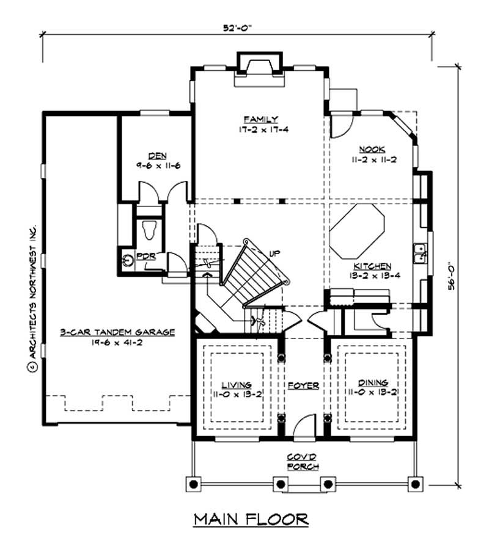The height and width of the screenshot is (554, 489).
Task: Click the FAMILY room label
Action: [x=260, y=119]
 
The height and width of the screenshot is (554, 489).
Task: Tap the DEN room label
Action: [x=158, y=156]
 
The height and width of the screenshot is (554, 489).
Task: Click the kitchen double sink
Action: [x=421, y=253]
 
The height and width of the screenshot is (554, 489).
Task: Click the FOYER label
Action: [x=304, y=386]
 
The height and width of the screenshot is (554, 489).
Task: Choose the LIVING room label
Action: [x=236, y=385]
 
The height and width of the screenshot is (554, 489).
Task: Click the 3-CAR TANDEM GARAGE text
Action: [x=117, y=332]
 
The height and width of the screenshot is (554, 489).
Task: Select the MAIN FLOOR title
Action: [x=251, y=520]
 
